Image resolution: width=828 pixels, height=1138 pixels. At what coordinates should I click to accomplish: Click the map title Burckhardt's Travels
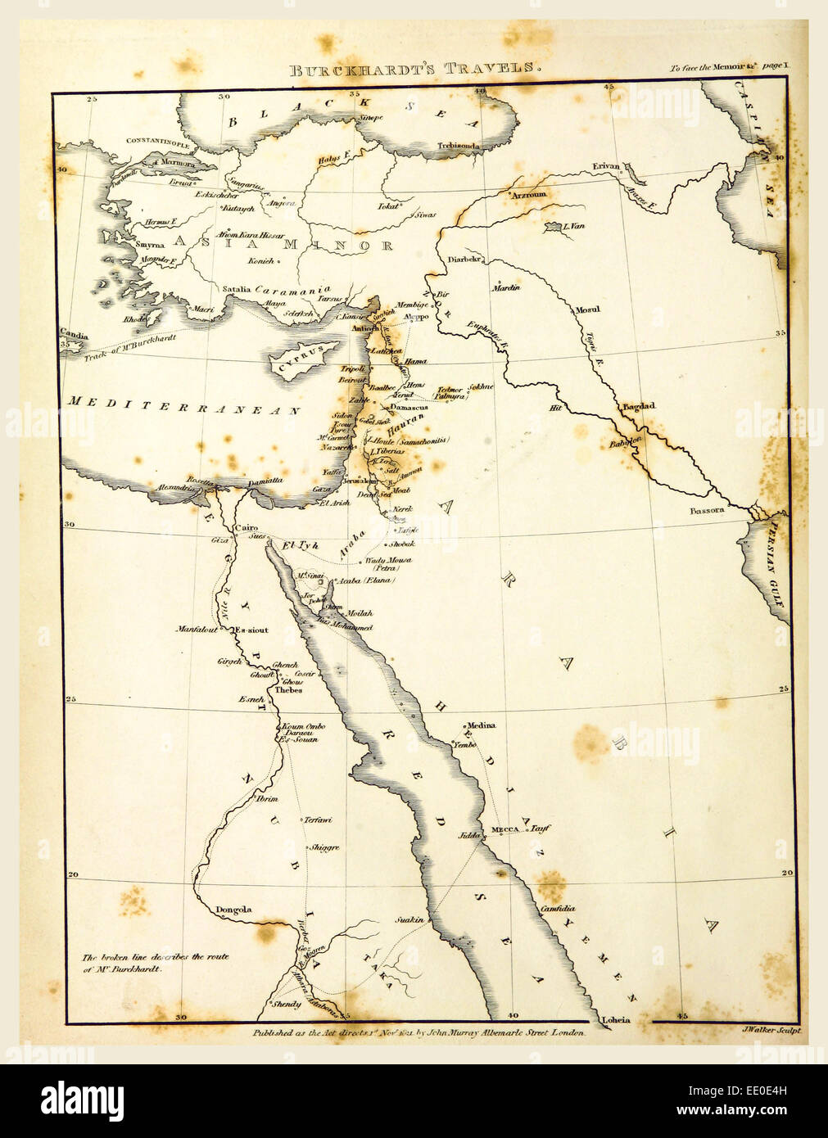tap(414, 69)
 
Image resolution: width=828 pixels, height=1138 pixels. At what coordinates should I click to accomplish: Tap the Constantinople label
tap(158, 142)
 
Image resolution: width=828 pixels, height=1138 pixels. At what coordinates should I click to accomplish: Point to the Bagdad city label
tap(640, 406)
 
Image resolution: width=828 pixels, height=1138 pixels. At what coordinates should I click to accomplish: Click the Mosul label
tap(586, 309)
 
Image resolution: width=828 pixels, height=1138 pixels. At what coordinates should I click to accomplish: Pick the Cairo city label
tap(246, 529)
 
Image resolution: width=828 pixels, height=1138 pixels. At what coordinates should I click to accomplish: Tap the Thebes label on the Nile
tap(288, 690)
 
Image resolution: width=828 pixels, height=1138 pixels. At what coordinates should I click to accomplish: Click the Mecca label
tap(505, 830)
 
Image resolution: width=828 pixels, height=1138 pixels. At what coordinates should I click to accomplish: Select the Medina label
tap(481, 725)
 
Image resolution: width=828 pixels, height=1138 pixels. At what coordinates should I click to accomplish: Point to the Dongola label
tap(233, 910)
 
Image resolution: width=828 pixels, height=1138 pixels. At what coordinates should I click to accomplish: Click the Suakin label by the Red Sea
tap(409, 919)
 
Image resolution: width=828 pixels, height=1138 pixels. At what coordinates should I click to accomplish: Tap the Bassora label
tap(706, 510)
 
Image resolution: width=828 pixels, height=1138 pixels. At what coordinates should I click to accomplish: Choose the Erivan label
tap(606, 166)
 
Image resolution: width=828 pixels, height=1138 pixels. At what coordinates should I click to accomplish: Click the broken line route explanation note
tap(155, 962)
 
